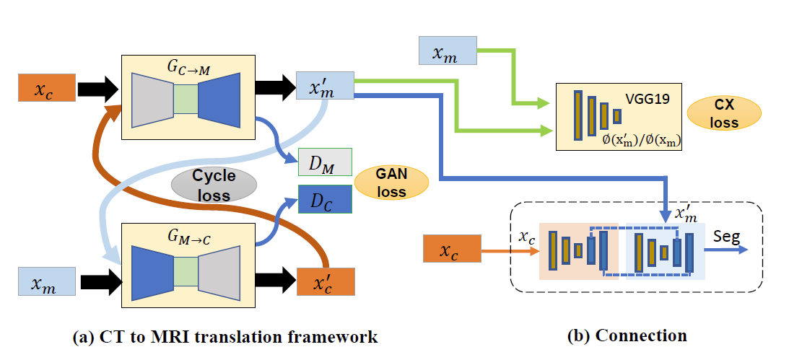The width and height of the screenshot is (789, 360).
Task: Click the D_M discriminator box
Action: pyautogui.click(x=324, y=162)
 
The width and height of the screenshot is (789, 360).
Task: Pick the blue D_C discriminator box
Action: pyautogui.click(x=324, y=199)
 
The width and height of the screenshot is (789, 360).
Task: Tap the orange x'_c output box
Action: pyautogui.click(x=325, y=281)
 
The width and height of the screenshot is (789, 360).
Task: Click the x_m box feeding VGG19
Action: pyautogui.click(x=448, y=53)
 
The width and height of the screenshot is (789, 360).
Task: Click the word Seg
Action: pyautogui.click(x=726, y=236)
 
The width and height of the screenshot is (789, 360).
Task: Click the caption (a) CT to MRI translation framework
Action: pyautogui.click(x=225, y=337)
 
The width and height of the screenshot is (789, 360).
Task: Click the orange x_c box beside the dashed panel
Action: pyautogui.click(x=450, y=252)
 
